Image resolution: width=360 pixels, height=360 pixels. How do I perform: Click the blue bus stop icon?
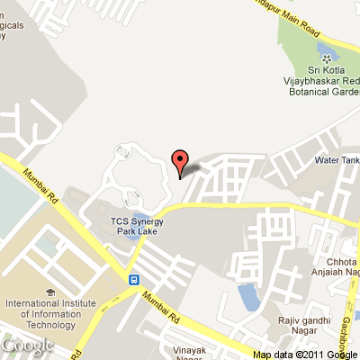click(x=134, y=279)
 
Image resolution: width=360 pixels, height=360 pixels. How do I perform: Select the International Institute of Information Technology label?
click(x=50, y=313)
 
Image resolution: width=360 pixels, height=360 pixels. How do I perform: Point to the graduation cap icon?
click(x=49, y=292)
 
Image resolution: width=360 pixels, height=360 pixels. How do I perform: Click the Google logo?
click(x=27, y=346)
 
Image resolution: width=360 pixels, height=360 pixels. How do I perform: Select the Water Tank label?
click(x=337, y=160)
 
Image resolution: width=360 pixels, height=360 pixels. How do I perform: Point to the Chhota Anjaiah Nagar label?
click(x=338, y=267)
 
